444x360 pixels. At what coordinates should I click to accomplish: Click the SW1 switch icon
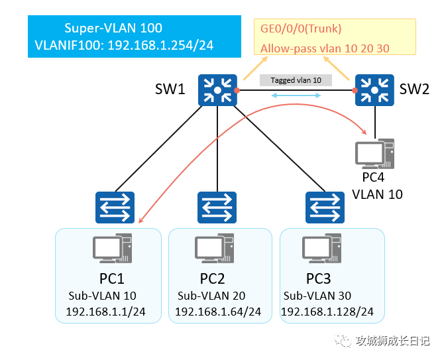pyautogui.click(x=217, y=90)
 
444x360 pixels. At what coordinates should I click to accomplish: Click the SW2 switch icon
pyautogui.click(x=374, y=90)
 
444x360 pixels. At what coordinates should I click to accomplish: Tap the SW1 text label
pyautogui.click(x=170, y=89)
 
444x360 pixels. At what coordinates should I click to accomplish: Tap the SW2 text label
pyautogui.click(x=414, y=89)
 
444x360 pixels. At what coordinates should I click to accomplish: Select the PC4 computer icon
pyautogui.click(x=374, y=154)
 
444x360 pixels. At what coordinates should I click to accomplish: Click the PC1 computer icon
pyautogui.click(x=113, y=249)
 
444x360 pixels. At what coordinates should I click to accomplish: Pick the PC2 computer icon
pyautogui.click(x=214, y=249)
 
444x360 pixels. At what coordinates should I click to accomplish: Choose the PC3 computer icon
pyautogui.click(x=321, y=249)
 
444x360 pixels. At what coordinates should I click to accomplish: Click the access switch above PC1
pyautogui.click(x=115, y=208)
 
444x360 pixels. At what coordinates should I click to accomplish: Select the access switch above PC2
pyautogui.click(x=217, y=208)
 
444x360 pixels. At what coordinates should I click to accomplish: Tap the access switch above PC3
pyautogui.click(x=325, y=208)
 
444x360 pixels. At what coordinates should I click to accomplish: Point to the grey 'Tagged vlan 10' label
pyautogui.click(x=296, y=80)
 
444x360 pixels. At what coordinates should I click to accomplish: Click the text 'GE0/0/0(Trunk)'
pyautogui.click(x=301, y=29)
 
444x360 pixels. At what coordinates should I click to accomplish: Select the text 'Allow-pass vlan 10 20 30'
pyautogui.click(x=325, y=48)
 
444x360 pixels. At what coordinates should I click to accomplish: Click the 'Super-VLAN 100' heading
pyautogui.click(x=113, y=28)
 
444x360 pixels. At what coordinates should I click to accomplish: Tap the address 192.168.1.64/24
pyautogui.click(x=218, y=312)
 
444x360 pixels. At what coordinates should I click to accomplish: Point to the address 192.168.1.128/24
pyautogui.click(x=327, y=312)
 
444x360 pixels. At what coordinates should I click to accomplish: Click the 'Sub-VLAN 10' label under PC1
pyautogui.click(x=102, y=296)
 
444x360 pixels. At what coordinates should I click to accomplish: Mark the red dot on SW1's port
pyautogui.click(x=237, y=90)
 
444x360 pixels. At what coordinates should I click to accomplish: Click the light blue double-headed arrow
pyautogui.click(x=296, y=95)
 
